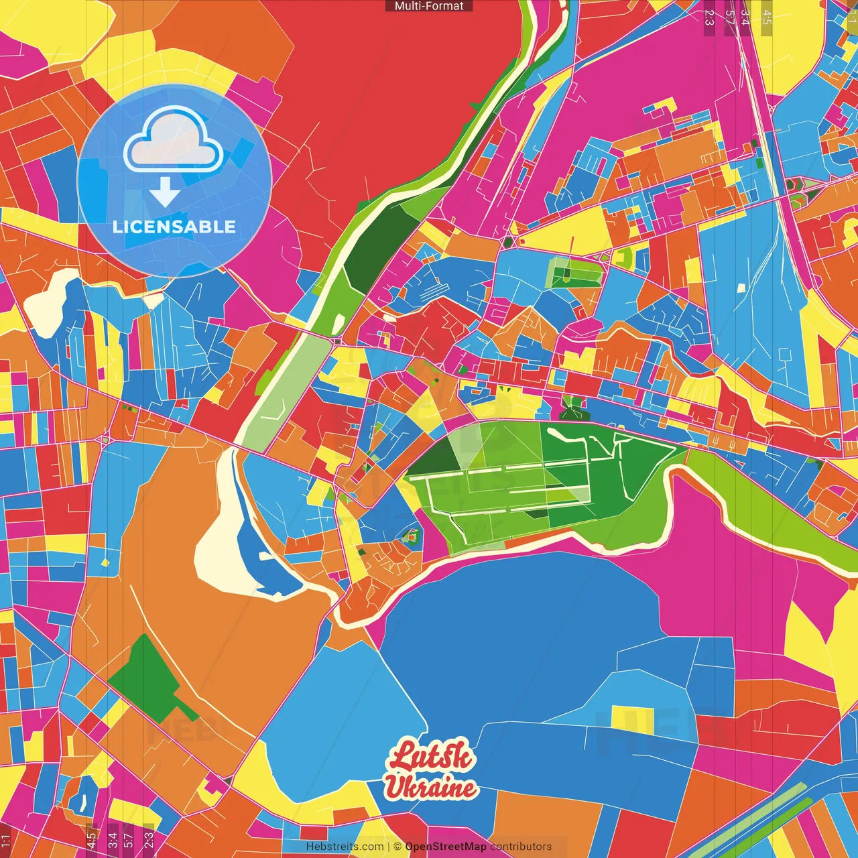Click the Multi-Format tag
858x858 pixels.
pos(429,6)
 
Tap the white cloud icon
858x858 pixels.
pos(173,141)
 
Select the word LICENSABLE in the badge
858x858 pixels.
pos(174,227)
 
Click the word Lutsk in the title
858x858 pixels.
pos(432,757)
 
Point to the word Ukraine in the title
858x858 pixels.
pos(430,787)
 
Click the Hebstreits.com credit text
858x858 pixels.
pos(345,847)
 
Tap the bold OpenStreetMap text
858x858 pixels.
pos(446,847)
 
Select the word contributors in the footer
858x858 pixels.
pos(521,847)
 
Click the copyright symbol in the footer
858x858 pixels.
pos(397,847)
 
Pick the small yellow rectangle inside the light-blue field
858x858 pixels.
pos(632,716)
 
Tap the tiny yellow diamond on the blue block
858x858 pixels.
pos(105,562)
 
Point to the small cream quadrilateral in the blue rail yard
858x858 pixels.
pos(741,288)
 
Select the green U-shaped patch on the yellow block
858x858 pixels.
pos(624,258)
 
